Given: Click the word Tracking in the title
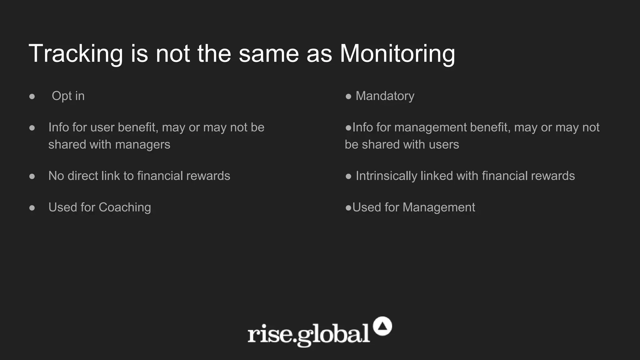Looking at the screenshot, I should click(76, 54).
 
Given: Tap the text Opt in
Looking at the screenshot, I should click(68, 96).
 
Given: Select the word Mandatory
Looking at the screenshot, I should click(385, 96).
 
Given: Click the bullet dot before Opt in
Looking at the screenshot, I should click(32, 97).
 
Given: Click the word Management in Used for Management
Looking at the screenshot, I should click(439, 207).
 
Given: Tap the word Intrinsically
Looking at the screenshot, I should click(386, 176).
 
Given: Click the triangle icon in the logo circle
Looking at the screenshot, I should click(382, 326).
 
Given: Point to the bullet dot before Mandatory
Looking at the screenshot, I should click(348, 97).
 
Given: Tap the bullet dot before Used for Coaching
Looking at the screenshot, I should click(32, 208).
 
